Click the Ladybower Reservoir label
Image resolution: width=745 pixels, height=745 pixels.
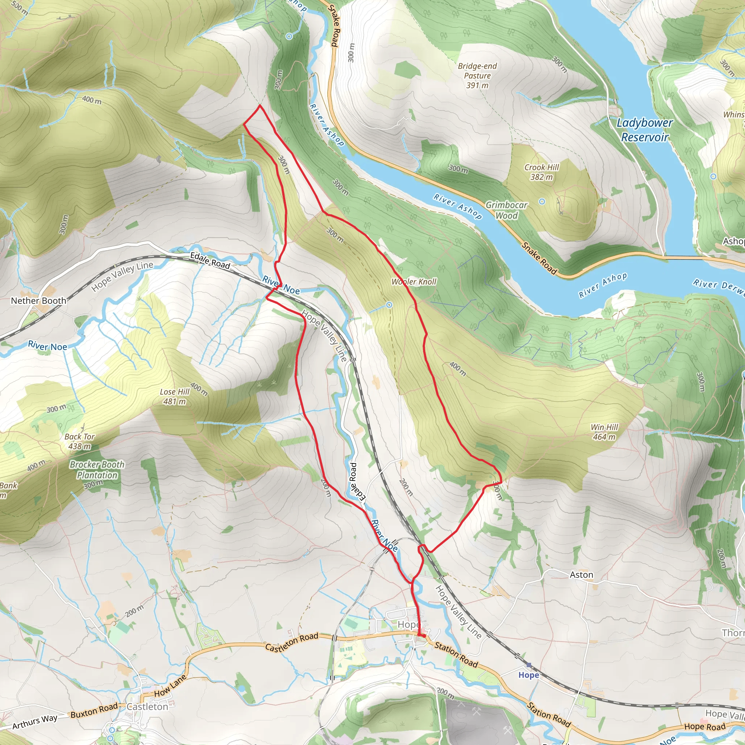coord(644,130)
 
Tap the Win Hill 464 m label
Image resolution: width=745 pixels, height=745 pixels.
coord(604,432)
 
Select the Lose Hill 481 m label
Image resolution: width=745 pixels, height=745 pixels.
coord(175,397)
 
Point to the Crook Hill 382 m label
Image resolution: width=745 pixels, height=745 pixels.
coord(541,172)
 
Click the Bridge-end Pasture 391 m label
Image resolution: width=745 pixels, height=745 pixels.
coord(477,76)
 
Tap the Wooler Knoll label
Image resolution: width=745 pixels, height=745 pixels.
coord(414,282)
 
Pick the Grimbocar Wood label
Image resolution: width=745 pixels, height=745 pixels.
coord(506,210)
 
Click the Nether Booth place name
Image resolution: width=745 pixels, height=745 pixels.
coord(38,301)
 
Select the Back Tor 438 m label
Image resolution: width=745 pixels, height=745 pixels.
coord(79,441)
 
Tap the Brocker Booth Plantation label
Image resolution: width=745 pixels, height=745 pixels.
coord(97,470)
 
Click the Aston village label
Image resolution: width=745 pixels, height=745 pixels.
coord(582,574)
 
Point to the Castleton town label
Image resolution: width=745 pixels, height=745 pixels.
coord(147,707)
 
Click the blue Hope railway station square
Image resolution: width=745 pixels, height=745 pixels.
coord(529,665)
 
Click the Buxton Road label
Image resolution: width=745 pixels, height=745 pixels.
coord(94,710)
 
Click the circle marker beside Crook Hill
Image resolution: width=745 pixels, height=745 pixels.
coord(542,201)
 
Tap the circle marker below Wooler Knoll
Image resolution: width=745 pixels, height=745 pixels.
coord(389,305)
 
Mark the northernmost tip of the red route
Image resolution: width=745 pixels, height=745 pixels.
coord(260,105)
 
